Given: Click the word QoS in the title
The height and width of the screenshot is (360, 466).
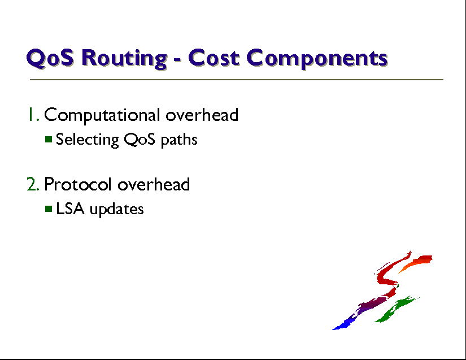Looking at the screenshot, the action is pos(50,58).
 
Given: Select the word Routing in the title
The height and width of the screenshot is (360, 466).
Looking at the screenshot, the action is pos(124,59).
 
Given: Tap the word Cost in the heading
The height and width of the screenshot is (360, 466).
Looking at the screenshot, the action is pos(214,58).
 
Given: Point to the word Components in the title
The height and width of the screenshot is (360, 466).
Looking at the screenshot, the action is pos(317,59).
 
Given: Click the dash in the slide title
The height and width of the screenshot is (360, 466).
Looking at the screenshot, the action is pos(177,60).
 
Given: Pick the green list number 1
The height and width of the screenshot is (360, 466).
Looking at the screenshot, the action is pos(33,115).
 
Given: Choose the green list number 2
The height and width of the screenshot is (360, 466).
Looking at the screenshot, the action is pos(33,184).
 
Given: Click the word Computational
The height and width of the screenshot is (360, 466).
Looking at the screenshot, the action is pos(102,115).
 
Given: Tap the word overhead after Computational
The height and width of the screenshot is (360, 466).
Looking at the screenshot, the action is pos(202,115).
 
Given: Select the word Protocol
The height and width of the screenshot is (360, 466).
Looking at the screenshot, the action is pos(77,184).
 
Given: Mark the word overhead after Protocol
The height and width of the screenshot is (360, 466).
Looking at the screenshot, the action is pos(153,184).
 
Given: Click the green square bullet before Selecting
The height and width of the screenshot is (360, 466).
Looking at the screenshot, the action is pos(49,139).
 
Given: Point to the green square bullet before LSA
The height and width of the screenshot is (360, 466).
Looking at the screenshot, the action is pos(49,209).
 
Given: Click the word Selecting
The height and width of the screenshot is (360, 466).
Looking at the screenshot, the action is pos(88,140).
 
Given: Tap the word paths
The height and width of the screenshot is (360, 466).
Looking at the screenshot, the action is pos(179,140).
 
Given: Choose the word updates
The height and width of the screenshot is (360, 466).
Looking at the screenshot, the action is pos(116,209).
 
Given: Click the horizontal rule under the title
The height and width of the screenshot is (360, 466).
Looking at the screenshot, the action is pos(237,80).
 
